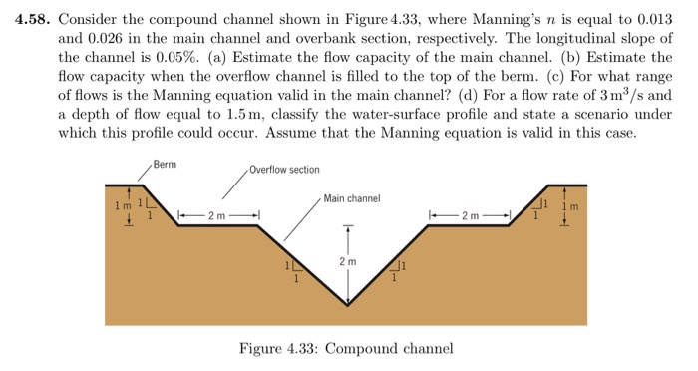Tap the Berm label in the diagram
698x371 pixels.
[165, 163]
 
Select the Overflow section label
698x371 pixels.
[285, 170]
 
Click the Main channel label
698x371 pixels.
[352, 199]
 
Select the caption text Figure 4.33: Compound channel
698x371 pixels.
[346, 349]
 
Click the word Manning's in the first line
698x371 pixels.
[511, 19]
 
